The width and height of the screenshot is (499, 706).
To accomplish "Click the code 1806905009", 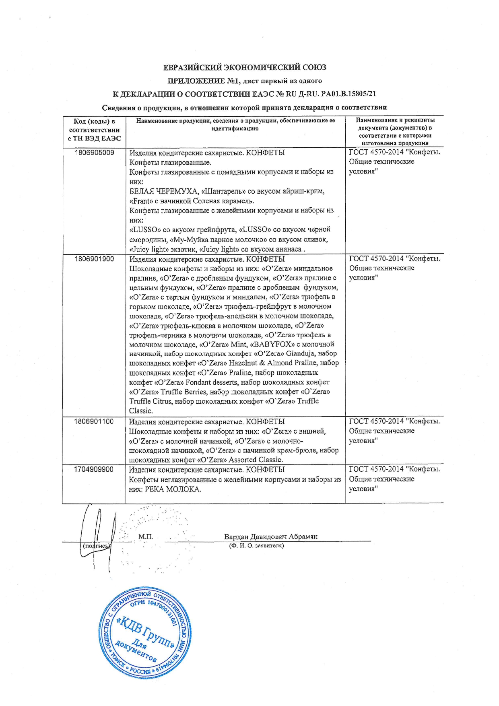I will (x=94, y=153).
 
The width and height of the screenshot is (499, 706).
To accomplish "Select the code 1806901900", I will (x=94, y=259).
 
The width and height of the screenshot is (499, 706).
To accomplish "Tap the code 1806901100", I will (x=94, y=421).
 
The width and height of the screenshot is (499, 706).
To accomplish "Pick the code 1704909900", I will (x=94, y=469).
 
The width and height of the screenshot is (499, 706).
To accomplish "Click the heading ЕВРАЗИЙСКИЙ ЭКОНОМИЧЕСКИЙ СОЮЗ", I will (x=244, y=67).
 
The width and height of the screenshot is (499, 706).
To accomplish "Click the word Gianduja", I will (x=300, y=353).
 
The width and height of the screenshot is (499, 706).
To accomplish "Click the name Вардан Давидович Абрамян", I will (x=271, y=536).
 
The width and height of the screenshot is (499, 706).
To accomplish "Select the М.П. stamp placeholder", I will (x=145, y=536).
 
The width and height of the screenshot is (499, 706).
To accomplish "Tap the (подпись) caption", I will (x=96, y=546).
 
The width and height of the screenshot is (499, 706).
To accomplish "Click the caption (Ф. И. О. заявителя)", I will (x=256, y=546).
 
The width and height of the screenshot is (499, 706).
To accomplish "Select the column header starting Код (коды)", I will (x=94, y=130).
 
